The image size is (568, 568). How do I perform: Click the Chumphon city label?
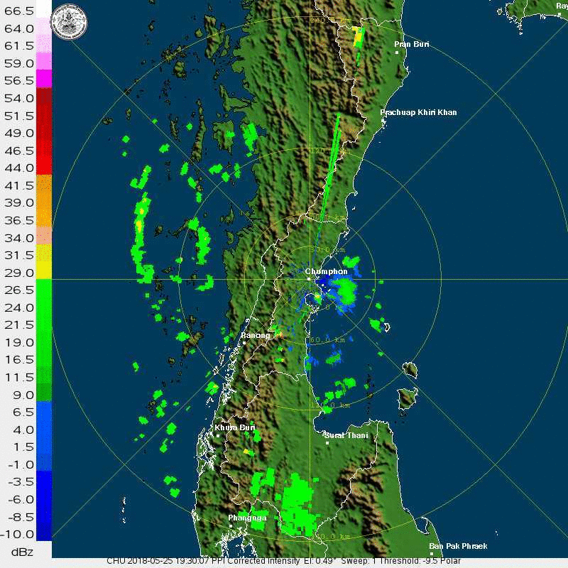point(327,271)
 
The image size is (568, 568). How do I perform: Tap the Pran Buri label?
point(412,44)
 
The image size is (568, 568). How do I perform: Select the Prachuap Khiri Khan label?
point(418,112)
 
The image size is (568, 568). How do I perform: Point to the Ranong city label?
point(255,335)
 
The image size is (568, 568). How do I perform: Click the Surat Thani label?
point(346,435)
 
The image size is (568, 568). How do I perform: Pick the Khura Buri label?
point(235,427)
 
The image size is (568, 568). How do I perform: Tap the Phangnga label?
point(248,518)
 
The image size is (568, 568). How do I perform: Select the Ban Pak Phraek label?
point(459,546)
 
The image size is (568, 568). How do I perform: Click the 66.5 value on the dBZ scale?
point(18,12)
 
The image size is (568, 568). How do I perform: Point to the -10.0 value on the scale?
point(18,534)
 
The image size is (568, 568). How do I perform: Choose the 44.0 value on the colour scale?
point(18,168)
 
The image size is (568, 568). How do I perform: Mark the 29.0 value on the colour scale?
point(18,273)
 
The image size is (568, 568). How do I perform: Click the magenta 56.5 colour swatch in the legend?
point(44,78)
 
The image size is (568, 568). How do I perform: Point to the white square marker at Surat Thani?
point(327,443)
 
